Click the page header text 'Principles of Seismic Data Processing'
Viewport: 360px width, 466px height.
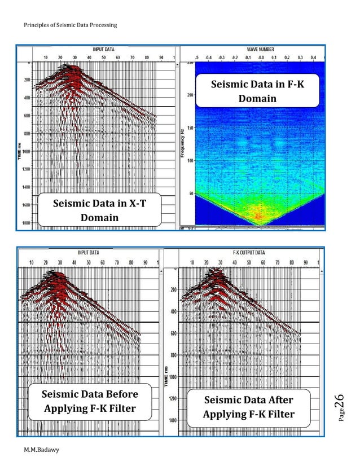tap(72, 25)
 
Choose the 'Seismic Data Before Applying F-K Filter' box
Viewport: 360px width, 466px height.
tap(90, 401)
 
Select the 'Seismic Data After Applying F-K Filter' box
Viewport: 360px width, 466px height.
tap(248, 407)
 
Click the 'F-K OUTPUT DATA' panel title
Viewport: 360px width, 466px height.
tap(249, 253)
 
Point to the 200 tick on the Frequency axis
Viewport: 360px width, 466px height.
tap(190, 95)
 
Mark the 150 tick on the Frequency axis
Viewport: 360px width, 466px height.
tap(190, 128)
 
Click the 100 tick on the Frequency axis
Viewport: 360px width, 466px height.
tap(190, 161)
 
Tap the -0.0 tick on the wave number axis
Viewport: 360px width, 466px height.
tap(260, 58)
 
